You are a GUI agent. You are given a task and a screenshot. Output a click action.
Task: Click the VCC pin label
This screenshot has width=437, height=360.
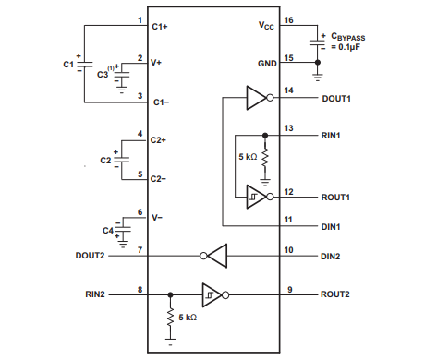tap(267, 27)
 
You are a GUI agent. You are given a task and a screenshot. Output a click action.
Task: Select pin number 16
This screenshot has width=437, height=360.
tap(289, 19)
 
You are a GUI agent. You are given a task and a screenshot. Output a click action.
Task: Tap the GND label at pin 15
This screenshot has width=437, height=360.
tap(265, 63)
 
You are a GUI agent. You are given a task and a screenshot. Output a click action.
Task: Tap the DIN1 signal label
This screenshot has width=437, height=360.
tap(332, 226)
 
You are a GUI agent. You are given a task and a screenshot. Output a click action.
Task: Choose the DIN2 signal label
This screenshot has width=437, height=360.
tap(332, 255)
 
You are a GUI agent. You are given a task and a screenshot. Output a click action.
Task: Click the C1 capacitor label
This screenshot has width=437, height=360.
tap(67, 65)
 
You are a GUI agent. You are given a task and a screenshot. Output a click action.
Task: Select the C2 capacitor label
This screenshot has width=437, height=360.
tap(104, 161)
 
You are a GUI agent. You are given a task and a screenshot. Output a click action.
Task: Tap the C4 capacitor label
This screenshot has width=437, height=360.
tap(107, 228)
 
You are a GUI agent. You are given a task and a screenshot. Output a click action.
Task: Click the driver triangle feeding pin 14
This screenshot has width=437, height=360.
tap(256, 97)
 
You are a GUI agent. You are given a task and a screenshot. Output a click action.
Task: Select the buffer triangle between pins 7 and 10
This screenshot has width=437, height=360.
tap(214, 255)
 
